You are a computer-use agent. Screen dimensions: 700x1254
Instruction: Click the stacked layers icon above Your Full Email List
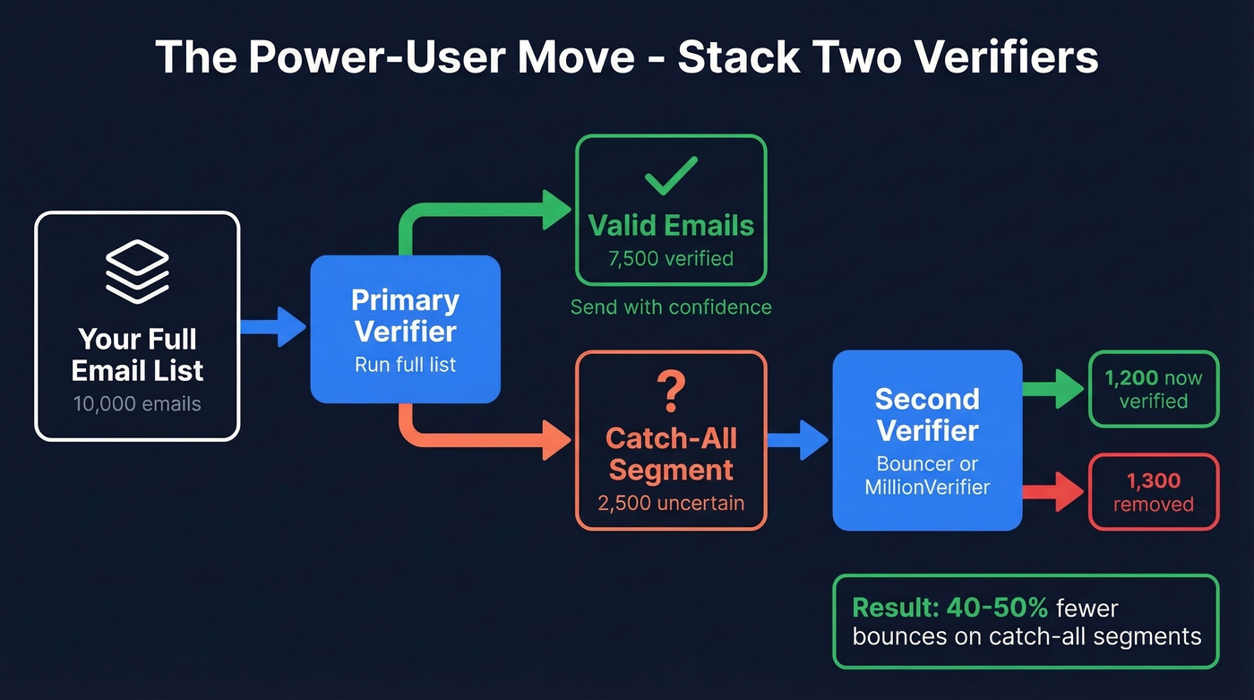(137, 273)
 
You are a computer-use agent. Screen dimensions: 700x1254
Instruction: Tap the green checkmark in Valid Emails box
(671, 175)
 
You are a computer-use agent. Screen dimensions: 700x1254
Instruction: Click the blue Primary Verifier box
(405, 329)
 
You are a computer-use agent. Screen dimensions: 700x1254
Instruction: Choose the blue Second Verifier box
(927, 440)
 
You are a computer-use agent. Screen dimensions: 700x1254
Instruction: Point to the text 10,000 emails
(137, 404)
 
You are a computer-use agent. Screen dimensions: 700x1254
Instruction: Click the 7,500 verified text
(671, 259)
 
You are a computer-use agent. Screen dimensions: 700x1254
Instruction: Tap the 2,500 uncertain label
(671, 503)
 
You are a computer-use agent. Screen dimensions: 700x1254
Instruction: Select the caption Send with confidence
(671, 307)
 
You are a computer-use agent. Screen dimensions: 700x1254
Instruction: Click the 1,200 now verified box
(1154, 389)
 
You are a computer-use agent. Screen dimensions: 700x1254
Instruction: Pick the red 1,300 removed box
(1154, 492)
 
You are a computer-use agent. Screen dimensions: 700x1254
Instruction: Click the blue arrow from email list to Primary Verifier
(273, 326)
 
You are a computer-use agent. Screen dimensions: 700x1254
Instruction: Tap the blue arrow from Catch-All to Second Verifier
(799, 439)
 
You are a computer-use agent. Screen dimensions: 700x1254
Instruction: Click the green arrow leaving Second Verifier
(1054, 389)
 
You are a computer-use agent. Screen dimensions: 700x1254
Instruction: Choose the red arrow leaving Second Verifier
(1054, 492)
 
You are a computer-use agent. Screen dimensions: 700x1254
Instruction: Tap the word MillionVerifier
(927, 488)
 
